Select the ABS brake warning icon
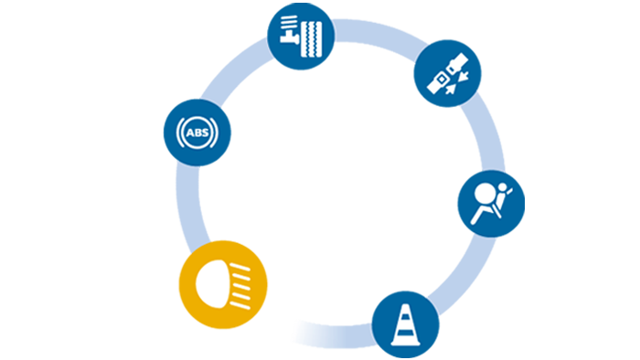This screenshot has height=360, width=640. pyautogui.click(x=196, y=132)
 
